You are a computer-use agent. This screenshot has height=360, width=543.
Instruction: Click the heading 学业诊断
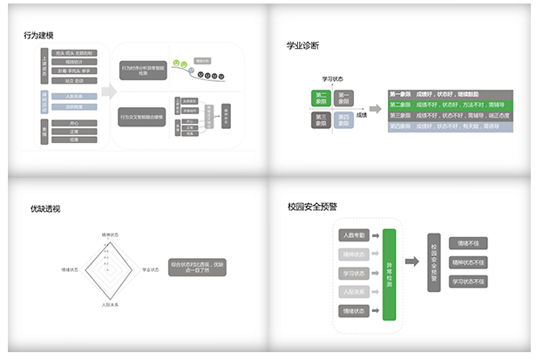tap(302, 44)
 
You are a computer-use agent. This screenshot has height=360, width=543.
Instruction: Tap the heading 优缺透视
tap(45, 208)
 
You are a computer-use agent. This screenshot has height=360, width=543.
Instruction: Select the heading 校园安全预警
tap(312, 207)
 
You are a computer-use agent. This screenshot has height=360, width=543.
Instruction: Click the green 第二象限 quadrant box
tap(322, 98)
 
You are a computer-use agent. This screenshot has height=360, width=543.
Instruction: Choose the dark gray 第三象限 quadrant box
tap(322, 119)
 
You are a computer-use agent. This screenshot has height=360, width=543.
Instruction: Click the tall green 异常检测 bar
tap(389, 273)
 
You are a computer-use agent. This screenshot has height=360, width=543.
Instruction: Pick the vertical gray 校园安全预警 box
tap(433, 262)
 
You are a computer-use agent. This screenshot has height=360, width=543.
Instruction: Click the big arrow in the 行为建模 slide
tap(108, 92)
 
